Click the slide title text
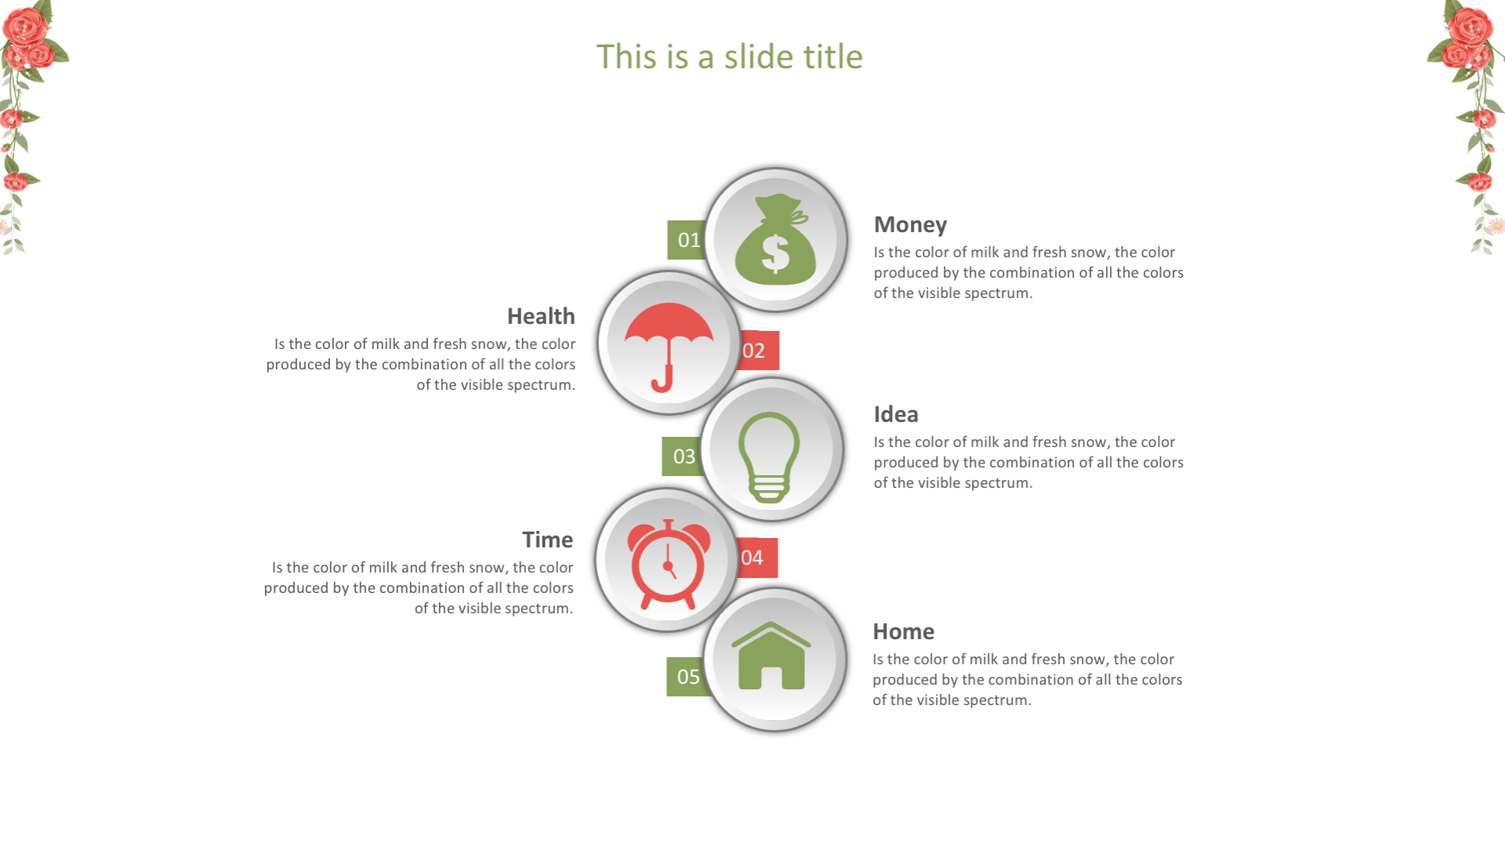click(729, 56)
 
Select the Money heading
click(910, 225)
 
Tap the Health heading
click(541, 316)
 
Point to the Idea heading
click(896, 414)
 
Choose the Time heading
click(547, 540)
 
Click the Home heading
click(903, 631)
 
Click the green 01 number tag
click(687, 240)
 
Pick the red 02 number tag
click(756, 351)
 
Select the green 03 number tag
click(682, 456)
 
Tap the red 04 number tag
click(756, 558)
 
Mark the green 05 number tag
click(687, 677)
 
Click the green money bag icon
click(775, 239)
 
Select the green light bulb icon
click(769, 457)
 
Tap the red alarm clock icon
click(669, 564)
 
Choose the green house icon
click(771, 656)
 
